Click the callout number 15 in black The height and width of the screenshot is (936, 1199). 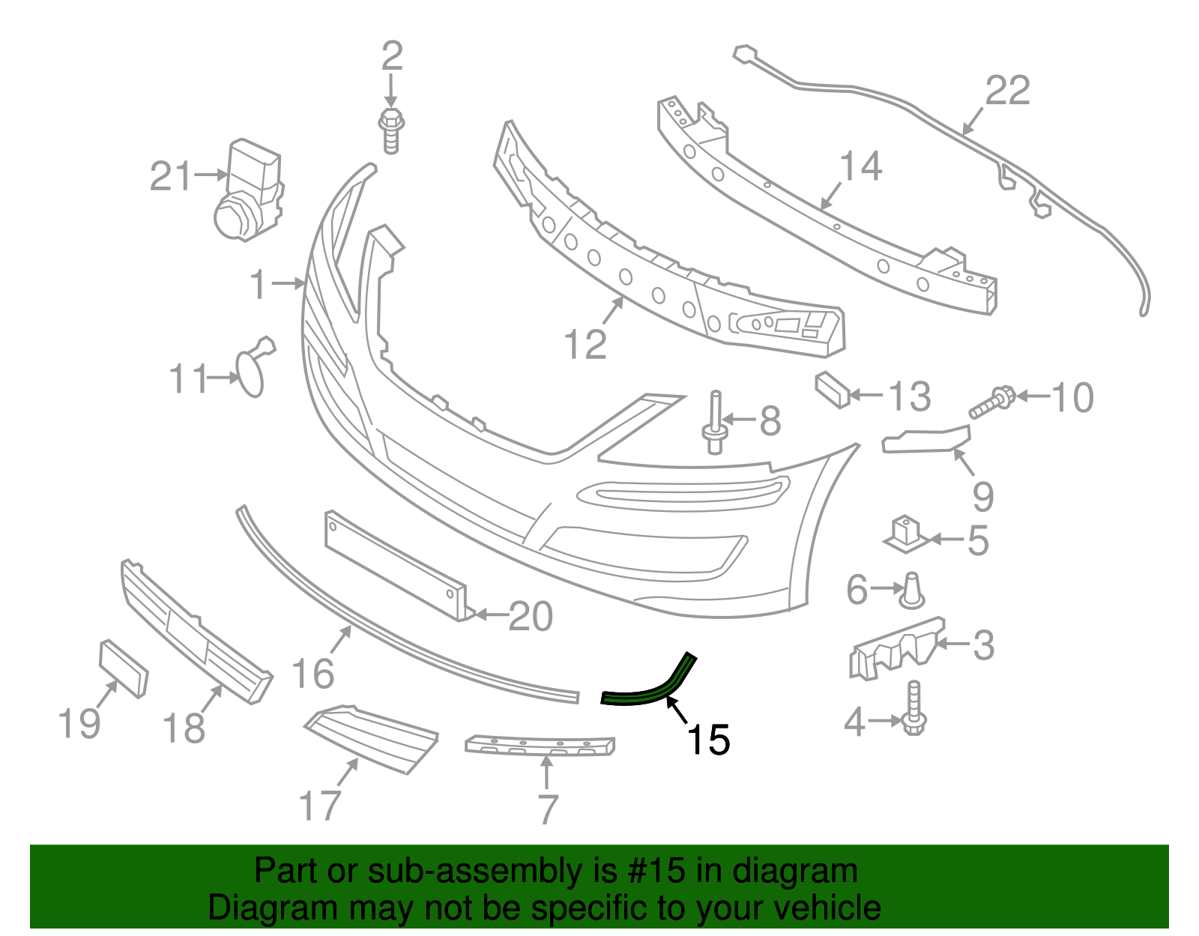[x=708, y=740]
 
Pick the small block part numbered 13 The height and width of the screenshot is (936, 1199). [x=832, y=389]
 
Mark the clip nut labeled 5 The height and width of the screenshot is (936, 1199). [x=905, y=534]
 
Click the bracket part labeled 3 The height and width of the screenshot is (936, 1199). [x=896, y=648]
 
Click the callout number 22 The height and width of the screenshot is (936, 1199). [x=1007, y=91]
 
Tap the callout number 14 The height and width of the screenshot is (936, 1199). [x=860, y=166]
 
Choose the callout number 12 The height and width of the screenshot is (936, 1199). [x=585, y=345]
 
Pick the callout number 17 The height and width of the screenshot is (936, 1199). [x=320, y=806]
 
